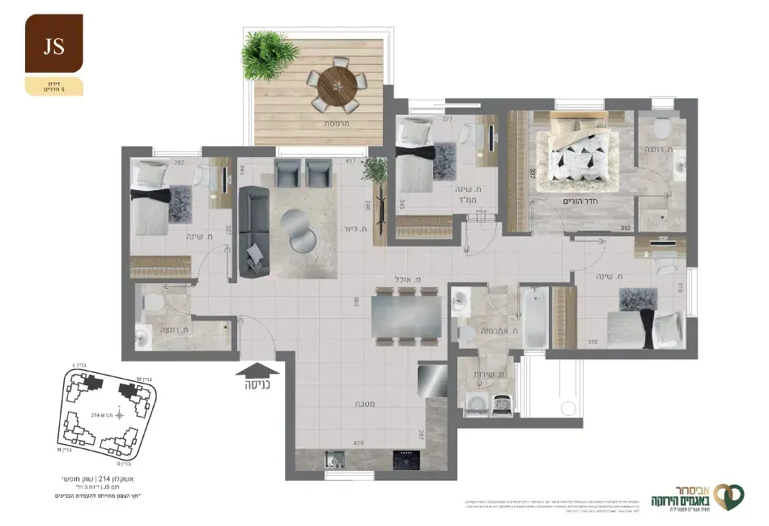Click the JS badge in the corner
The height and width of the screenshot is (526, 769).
[x=54, y=45]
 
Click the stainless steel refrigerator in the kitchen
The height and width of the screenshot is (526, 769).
[x=432, y=380]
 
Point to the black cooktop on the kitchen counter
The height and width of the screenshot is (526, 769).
[x=404, y=460]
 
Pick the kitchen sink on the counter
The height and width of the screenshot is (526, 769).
[x=333, y=460]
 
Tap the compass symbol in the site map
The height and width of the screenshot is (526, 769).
[x=119, y=415]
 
